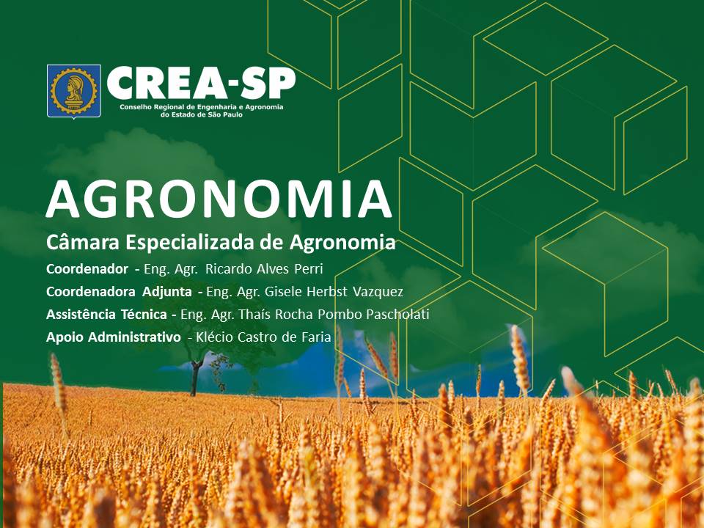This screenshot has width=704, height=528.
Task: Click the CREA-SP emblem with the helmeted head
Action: tap(73, 92)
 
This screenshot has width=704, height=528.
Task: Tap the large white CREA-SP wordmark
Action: tap(201, 84)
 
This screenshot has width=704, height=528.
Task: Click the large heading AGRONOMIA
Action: tap(219, 199)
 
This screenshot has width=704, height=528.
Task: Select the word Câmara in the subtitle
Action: tap(83, 243)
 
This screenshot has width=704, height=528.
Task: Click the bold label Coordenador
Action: tap(87, 269)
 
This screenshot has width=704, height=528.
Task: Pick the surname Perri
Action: tap(309, 269)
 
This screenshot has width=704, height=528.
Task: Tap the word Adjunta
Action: tap(167, 292)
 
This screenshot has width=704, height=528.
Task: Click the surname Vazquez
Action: tap(378, 292)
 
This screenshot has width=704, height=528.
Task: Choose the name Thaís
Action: tap(254, 315)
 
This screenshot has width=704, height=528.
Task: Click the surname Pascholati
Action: tap(397, 315)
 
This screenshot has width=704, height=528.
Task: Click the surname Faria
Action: tap(315, 337)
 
